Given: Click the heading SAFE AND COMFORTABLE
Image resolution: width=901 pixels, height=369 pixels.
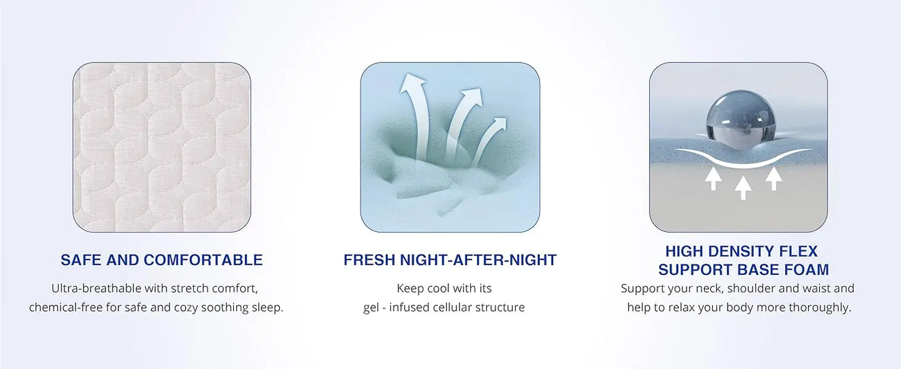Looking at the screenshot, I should tap(161, 260).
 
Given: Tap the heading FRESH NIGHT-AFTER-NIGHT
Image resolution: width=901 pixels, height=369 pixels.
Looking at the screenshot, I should tap(450, 260).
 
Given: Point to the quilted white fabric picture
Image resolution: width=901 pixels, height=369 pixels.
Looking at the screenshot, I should tap(162, 146).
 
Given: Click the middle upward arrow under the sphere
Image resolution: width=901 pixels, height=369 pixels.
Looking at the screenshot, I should tap(742, 186).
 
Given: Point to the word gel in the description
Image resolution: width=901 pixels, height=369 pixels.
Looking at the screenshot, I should tap(372, 308).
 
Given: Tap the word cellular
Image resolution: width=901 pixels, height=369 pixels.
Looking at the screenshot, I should tap(458, 308).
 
